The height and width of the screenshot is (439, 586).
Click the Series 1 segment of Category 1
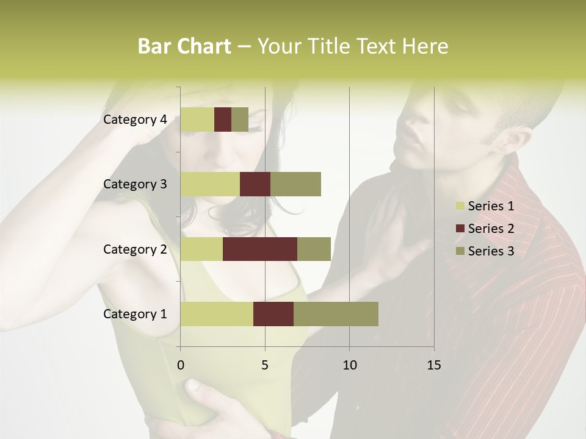click(x=217, y=314)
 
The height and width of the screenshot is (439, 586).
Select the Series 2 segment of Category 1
click(x=273, y=314)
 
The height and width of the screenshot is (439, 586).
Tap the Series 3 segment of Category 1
click(x=336, y=314)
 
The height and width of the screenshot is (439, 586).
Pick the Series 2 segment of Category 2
click(x=260, y=249)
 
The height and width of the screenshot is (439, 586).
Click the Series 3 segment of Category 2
click(x=314, y=249)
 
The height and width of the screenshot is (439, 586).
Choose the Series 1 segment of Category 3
click(x=210, y=184)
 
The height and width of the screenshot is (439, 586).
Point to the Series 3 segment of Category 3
click(x=295, y=184)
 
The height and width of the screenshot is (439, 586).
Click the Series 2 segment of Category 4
click(x=223, y=120)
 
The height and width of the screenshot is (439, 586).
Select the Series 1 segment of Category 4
click(x=197, y=120)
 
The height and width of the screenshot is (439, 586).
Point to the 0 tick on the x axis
click(x=181, y=365)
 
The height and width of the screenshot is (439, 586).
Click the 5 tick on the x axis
click(x=265, y=365)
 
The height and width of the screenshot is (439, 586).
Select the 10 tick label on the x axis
click(x=349, y=365)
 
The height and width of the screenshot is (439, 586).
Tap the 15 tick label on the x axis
click(x=433, y=365)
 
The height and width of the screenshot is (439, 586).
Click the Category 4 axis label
click(x=135, y=120)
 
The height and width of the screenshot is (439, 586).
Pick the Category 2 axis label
click(x=135, y=249)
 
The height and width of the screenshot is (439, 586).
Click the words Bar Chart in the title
click(x=184, y=46)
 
